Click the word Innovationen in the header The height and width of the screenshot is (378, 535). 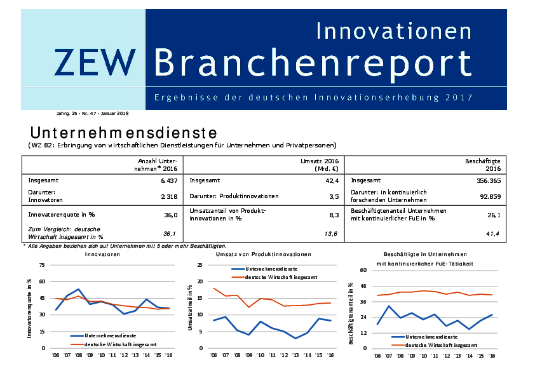[x=394, y=30]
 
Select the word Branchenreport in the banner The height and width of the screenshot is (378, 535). [x=313, y=62]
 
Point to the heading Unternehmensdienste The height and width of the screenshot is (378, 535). [x=123, y=133]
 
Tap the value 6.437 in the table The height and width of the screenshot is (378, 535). [x=168, y=180]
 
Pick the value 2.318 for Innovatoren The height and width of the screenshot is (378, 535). [x=168, y=196]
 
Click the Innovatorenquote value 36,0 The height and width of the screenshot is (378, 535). [x=170, y=215]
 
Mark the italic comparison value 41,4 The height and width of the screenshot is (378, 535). [x=493, y=234]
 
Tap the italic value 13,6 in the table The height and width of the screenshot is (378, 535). [x=331, y=234]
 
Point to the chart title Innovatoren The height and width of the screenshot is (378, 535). [x=103, y=254]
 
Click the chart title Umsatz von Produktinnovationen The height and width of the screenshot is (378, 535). [x=264, y=254]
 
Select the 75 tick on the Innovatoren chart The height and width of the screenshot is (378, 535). [x=42, y=265]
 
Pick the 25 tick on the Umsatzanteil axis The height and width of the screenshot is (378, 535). [x=200, y=265]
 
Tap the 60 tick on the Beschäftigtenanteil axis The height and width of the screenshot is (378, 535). [x=364, y=271]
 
